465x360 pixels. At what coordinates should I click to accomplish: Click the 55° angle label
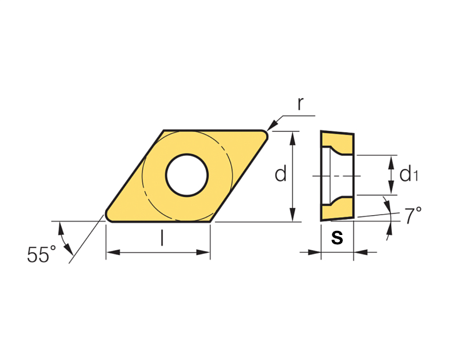(x=41, y=254)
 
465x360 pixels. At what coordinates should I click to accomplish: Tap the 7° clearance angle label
(x=413, y=215)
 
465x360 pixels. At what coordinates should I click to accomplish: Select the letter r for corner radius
(x=301, y=104)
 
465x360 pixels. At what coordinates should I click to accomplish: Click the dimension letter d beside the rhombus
(x=281, y=174)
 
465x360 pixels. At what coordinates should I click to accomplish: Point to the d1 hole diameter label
(x=409, y=174)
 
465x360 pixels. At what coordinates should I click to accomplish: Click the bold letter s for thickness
(x=337, y=237)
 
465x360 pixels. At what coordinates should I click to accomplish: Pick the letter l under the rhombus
(x=162, y=238)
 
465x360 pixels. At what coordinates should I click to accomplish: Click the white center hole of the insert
(x=187, y=175)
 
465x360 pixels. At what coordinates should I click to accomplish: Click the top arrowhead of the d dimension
(x=293, y=138)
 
